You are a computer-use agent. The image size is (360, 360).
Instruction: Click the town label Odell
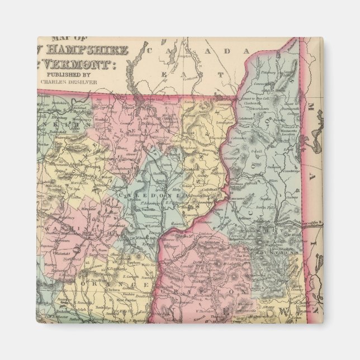[257, 151]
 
